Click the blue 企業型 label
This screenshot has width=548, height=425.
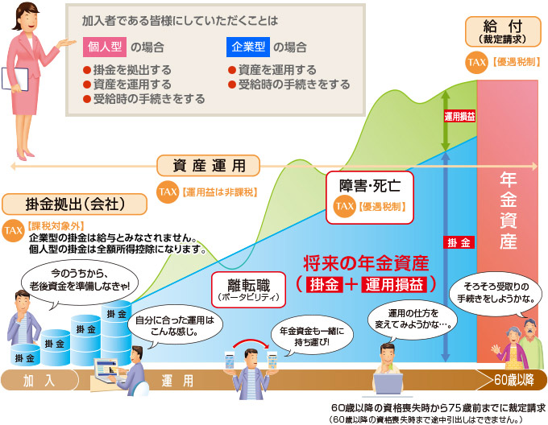pyautogui.click(x=247, y=47)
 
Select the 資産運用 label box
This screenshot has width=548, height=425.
pyautogui.click(x=210, y=167)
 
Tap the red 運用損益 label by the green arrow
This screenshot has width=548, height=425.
pyautogui.click(x=459, y=116)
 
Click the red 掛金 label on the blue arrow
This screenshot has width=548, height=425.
pyautogui.click(x=459, y=241)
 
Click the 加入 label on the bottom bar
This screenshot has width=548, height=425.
pyautogui.click(x=39, y=380)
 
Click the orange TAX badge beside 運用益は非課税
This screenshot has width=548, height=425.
pyautogui.click(x=168, y=192)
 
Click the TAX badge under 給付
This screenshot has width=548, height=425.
pyautogui.click(x=476, y=61)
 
